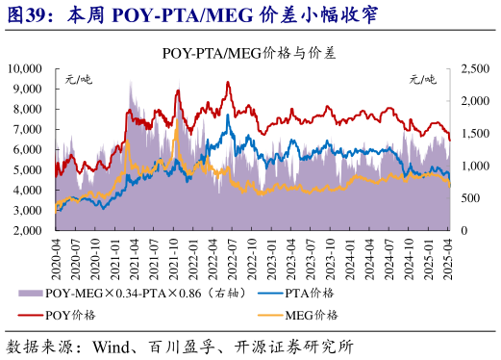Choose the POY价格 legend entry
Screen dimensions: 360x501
pyautogui.click(x=72, y=315)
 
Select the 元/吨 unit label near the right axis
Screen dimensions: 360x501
pyautogui.click(x=423, y=78)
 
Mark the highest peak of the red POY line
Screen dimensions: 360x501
pyautogui.click(x=228, y=83)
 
